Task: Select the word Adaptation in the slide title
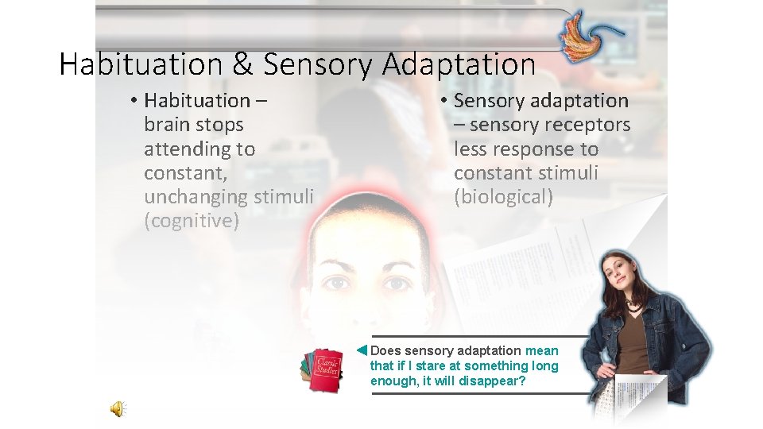(x=458, y=65)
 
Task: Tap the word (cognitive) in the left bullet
(x=192, y=221)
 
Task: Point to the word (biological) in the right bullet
(x=503, y=197)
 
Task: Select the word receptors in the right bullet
(x=590, y=125)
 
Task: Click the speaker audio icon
(x=117, y=408)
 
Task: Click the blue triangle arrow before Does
(x=361, y=350)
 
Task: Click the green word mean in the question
(x=542, y=350)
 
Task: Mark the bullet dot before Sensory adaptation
(x=446, y=101)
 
